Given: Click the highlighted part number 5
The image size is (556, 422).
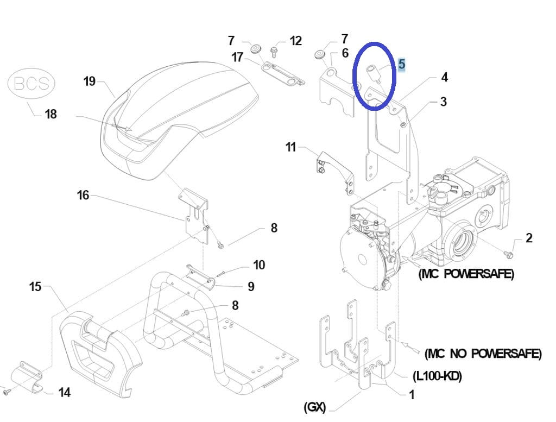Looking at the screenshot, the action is coord(401,64).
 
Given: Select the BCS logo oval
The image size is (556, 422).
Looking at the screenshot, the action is coord(31,84).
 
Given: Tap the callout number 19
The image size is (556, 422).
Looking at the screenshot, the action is coord(90,81).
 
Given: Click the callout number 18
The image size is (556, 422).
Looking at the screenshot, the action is coord(50,114).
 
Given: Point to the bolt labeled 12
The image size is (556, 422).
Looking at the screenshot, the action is coord(274,53).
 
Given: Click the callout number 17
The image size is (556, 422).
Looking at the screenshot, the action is coord(237,56).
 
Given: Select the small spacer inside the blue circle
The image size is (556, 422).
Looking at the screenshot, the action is coord(374,73).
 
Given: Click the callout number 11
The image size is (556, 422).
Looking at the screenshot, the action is coord(290,147).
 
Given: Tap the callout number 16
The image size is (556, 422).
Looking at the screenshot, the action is coord(83,195).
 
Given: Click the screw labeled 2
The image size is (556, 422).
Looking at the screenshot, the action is coord(508,254).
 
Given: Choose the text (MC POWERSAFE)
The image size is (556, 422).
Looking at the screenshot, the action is coord(466,274).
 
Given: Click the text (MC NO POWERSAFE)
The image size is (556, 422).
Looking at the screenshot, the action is coord(483,354).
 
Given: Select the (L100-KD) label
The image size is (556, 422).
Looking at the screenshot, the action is coord(437,376).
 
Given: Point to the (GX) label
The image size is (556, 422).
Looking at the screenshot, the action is coord(314,407).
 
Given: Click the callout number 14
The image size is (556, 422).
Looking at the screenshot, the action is coord(64,393).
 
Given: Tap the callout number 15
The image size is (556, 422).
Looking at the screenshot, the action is coord(35,287).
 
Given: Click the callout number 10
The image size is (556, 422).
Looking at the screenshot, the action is coord(259,265).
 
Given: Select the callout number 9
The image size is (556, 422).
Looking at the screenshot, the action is coord(251,287).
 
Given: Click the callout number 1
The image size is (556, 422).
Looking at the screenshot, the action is coord(412,394).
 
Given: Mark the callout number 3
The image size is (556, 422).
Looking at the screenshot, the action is coord(443,102).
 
